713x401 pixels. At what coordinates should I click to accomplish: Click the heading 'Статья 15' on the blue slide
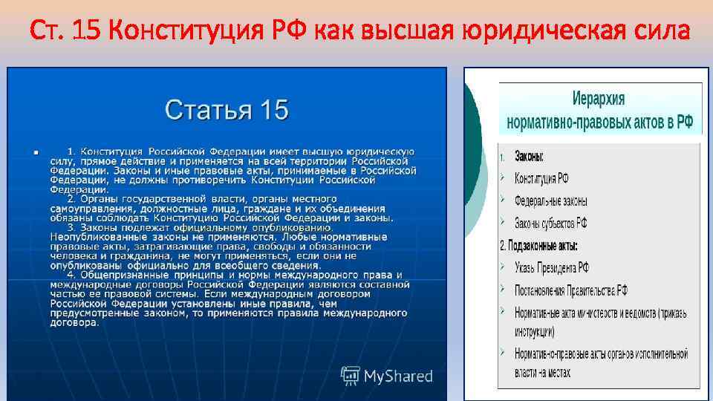(x=227, y=110)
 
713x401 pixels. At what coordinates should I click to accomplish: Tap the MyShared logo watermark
(x=386, y=376)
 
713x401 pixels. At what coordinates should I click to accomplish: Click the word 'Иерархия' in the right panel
(x=599, y=99)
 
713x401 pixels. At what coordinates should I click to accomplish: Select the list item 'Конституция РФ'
(x=541, y=178)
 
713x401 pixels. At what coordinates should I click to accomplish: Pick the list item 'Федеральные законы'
(x=550, y=200)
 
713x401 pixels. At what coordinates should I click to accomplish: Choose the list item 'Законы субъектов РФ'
(x=550, y=223)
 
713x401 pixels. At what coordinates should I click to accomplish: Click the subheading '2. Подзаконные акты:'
(x=538, y=245)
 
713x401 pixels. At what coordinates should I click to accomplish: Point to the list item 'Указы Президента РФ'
(x=552, y=267)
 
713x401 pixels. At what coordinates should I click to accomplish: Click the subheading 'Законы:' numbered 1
(x=529, y=157)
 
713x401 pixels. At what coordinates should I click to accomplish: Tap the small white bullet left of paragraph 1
(x=35, y=152)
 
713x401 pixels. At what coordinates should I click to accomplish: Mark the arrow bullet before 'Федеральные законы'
(x=504, y=200)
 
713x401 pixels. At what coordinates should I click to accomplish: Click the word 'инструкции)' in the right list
(x=534, y=330)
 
